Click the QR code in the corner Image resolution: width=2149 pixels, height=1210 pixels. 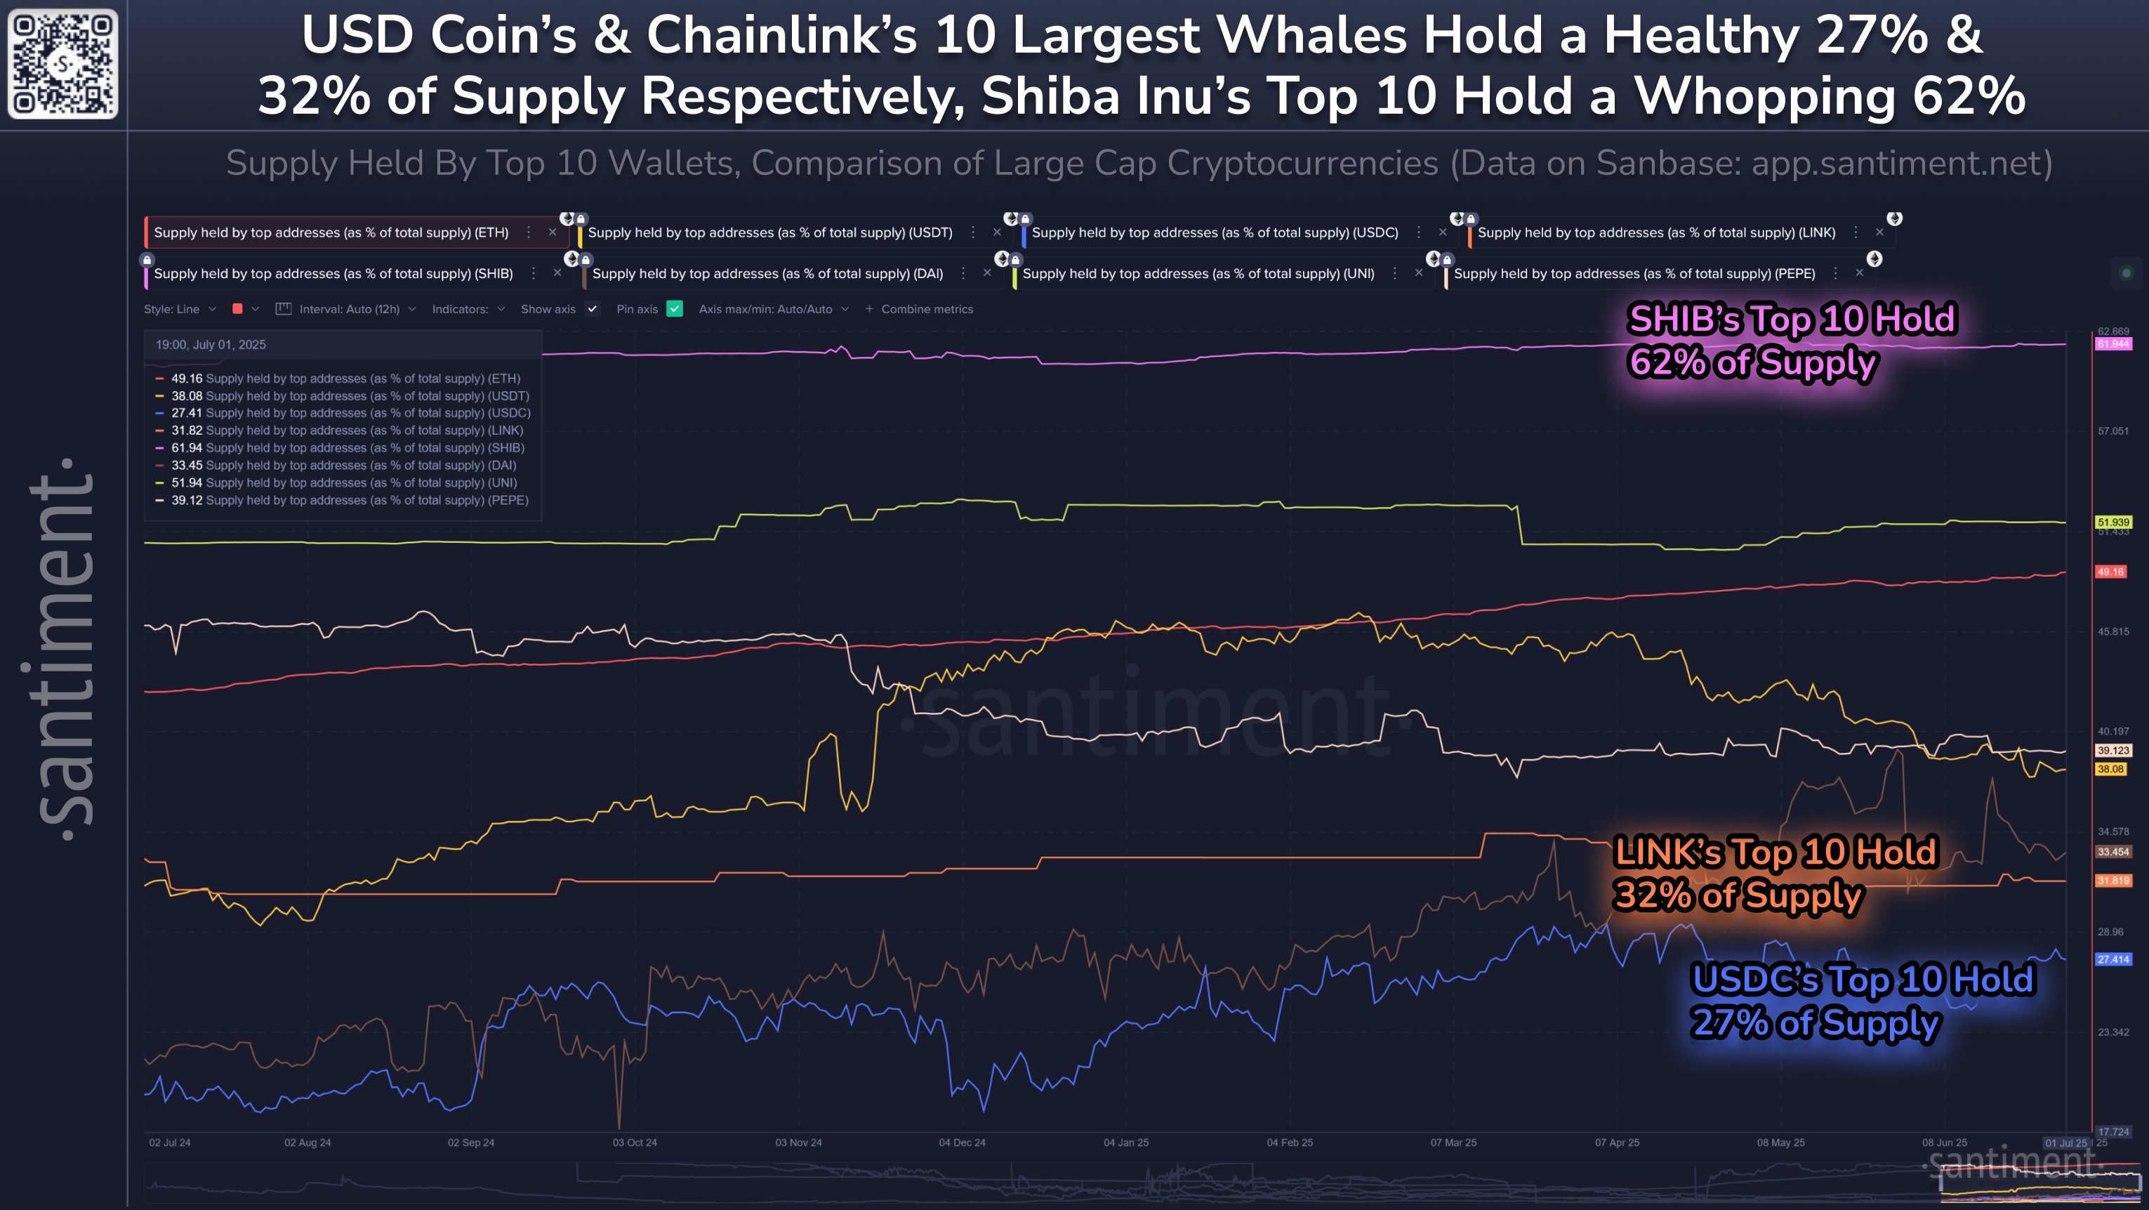point(62,63)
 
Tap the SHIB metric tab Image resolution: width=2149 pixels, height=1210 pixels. point(333,274)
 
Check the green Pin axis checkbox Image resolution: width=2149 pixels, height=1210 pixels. point(675,309)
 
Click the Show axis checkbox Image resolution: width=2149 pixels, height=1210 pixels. point(593,309)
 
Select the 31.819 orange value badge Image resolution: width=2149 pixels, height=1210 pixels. point(2113,881)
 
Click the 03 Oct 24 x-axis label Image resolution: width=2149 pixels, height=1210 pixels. point(635,1143)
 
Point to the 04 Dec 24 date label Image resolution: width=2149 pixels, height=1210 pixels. point(962,1143)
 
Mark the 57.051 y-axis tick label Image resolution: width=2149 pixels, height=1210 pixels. point(2113,431)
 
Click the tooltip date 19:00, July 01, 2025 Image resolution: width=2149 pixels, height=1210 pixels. point(211,345)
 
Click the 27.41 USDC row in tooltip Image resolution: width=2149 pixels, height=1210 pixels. point(350,413)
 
